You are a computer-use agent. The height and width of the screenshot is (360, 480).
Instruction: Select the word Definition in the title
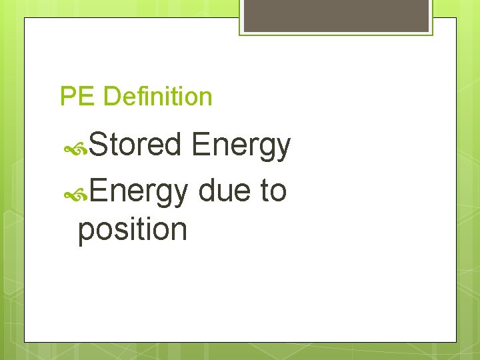coord(158,97)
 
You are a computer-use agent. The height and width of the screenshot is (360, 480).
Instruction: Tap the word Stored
coord(135,146)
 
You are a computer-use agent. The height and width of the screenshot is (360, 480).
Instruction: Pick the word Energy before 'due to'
coord(139,191)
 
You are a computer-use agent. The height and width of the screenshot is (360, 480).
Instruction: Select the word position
coord(133,230)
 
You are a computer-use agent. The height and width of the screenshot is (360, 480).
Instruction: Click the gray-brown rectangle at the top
coord(336,15)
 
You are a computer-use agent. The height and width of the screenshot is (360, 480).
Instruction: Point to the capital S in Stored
coord(97,146)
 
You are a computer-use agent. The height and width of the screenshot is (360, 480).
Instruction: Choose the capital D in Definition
coord(111,97)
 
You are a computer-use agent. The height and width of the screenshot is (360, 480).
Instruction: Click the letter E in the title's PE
coord(87,97)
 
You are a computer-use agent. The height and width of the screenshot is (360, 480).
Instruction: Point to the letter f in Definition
coord(137,96)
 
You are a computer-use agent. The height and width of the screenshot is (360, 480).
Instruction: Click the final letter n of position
coord(179,230)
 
